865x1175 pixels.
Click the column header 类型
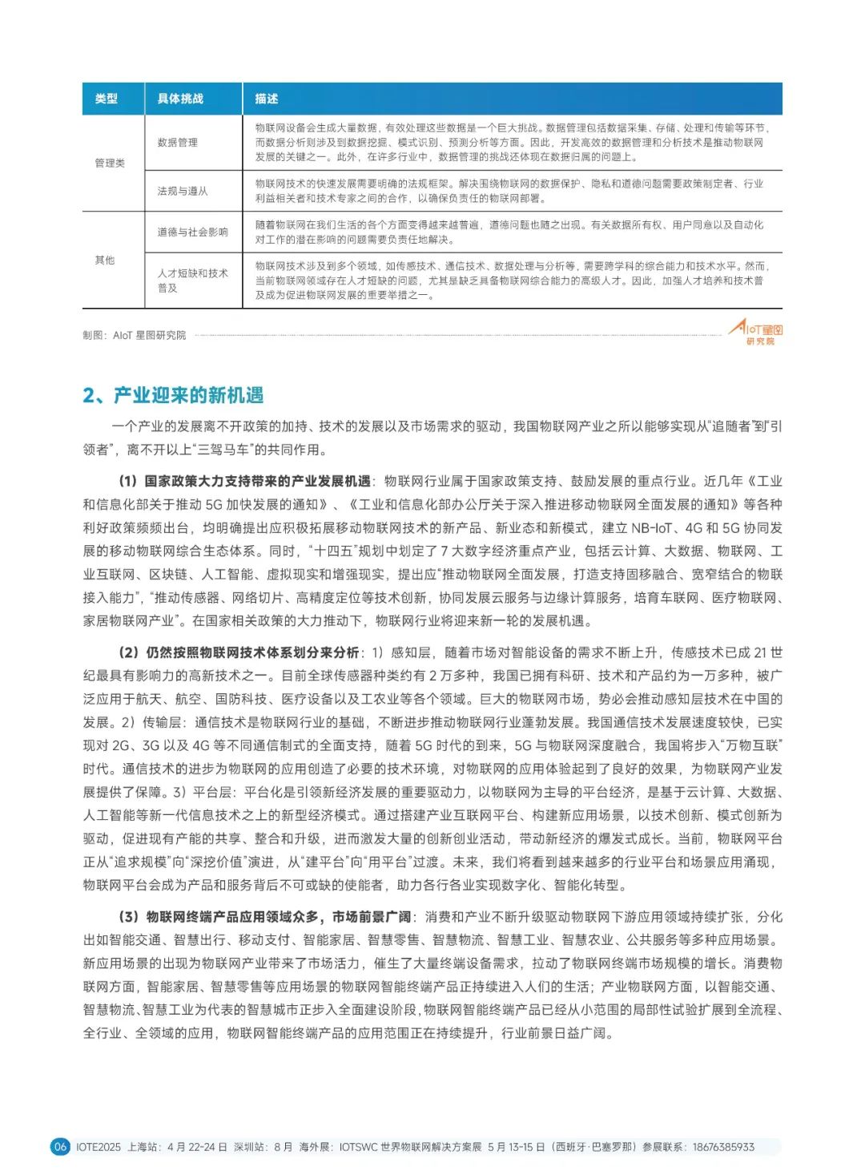pos(107,99)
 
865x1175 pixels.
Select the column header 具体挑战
pos(180,99)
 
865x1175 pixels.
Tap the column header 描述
pos(267,99)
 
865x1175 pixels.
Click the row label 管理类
pos(110,163)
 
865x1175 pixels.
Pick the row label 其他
pos(105,260)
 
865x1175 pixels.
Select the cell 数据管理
pos(177,142)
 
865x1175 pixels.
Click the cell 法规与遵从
pos(183,191)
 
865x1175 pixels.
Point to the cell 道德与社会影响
pos(192,232)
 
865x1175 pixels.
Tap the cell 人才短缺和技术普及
pos(192,281)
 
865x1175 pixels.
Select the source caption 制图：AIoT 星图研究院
pos(134,335)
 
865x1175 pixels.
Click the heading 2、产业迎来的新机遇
pos(173,395)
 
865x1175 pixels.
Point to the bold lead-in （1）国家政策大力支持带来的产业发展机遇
pos(243,481)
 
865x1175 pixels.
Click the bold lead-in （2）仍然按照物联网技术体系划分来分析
pos(238,652)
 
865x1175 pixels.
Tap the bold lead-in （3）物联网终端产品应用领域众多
pos(264,917)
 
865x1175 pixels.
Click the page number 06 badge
pos(60,1147)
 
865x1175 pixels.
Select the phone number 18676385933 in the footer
pos(723,1147)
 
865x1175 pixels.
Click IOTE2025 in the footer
pos(99,1147)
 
